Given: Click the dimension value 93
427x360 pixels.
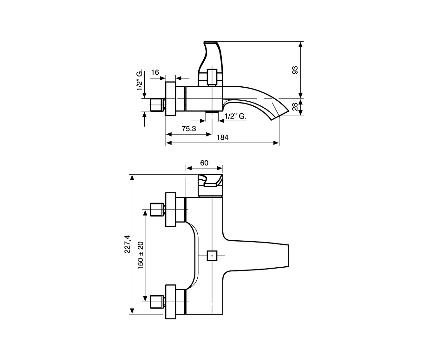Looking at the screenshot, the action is (295, 70).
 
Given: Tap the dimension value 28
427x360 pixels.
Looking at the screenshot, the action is (295, 107).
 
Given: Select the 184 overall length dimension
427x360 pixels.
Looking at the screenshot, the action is (222, 137).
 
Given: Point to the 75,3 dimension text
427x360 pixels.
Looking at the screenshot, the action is (189, 129).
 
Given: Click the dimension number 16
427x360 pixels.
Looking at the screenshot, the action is (155, 72).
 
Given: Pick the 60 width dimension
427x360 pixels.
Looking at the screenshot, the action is (204, 163).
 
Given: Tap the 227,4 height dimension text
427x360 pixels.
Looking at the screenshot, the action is (127, 244).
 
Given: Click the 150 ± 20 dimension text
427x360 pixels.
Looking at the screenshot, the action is (141, 256).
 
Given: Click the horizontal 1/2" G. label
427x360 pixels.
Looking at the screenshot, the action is (235, 116).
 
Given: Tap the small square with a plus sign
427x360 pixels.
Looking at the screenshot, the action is (212, 256).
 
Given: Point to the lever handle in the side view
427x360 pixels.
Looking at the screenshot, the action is (211, 63).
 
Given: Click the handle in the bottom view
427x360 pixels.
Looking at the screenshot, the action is (210, 185).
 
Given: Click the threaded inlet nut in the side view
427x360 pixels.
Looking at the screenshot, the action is (157, 105).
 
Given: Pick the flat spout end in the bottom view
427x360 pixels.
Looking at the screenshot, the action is (289, 256).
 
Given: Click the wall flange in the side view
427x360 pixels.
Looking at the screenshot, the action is (171, 99).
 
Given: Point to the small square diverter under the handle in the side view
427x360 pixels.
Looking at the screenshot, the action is (212, 77).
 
